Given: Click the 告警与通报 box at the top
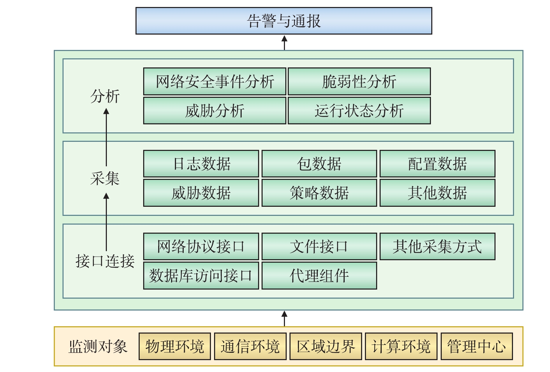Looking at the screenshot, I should [x=284, y=21].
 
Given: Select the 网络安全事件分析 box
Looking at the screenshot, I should [x=214, y=81].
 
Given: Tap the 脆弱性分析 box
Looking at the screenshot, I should [x=359, y=81].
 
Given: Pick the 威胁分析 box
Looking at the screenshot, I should [x=214, y=111].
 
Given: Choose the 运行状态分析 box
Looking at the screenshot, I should [x=359, y=111].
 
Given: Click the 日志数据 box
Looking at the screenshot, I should [x=201, y=163].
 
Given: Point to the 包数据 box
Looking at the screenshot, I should [x=319, y=163].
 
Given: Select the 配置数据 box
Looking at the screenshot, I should [x=437, y=163].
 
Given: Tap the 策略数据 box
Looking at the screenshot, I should [x=319, y=193].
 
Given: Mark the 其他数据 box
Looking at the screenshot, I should [x=437, y=193].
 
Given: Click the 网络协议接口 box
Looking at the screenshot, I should [x=201, y=246].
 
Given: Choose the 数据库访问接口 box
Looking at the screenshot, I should [x=201, y=276].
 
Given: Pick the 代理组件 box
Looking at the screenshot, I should [x=319, y=276].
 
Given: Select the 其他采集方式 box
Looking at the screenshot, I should [x=437, y=246].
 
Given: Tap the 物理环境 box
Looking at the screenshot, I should [x=175, y=346].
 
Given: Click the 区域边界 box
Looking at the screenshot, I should [x=325, y=346].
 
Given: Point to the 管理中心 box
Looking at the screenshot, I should [x=477, y=346].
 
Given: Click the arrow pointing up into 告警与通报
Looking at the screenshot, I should [x=284, y=42].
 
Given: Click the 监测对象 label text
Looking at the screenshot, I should [x=98, y=347].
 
